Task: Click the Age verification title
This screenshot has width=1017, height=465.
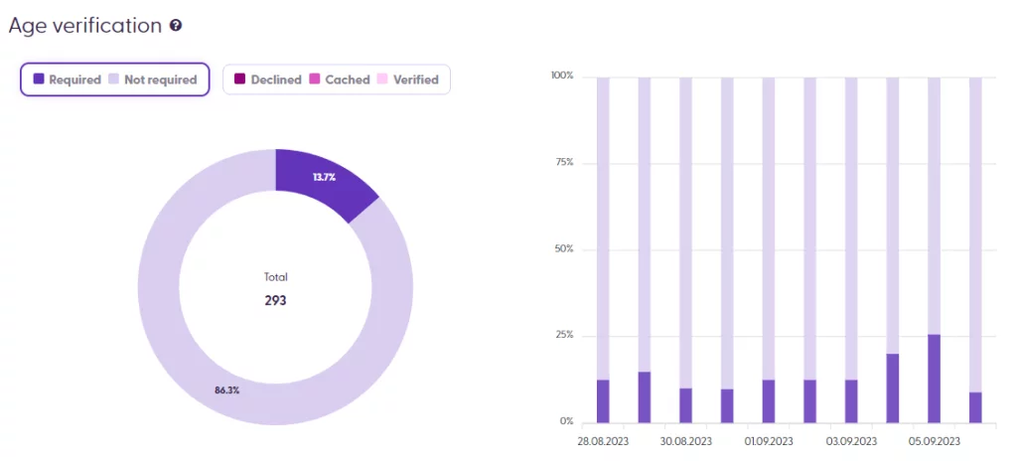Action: pos(84,26)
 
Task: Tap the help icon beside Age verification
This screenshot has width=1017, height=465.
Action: pos(176,26)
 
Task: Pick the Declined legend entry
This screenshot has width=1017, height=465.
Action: pos(267,79)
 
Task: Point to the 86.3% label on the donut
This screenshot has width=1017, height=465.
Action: pos(226,390)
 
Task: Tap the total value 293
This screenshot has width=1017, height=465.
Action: pos(275,300)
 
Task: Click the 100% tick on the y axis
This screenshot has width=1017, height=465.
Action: pos(562,77)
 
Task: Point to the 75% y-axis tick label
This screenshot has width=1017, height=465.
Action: pos(564,163)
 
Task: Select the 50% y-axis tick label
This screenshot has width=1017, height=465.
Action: pos(564,248)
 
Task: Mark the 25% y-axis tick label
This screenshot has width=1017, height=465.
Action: pos(564,335)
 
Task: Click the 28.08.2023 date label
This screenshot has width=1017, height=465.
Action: pos(603,440)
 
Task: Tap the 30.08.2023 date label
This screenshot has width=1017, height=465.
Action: pos(685,440)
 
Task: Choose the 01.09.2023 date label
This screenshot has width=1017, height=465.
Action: pos(769,440)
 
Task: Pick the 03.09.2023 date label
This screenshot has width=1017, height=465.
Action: pos(851,440)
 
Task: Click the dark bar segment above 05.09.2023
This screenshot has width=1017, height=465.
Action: pos(934,378)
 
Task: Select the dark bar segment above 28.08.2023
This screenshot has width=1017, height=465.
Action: pos(603,400)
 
